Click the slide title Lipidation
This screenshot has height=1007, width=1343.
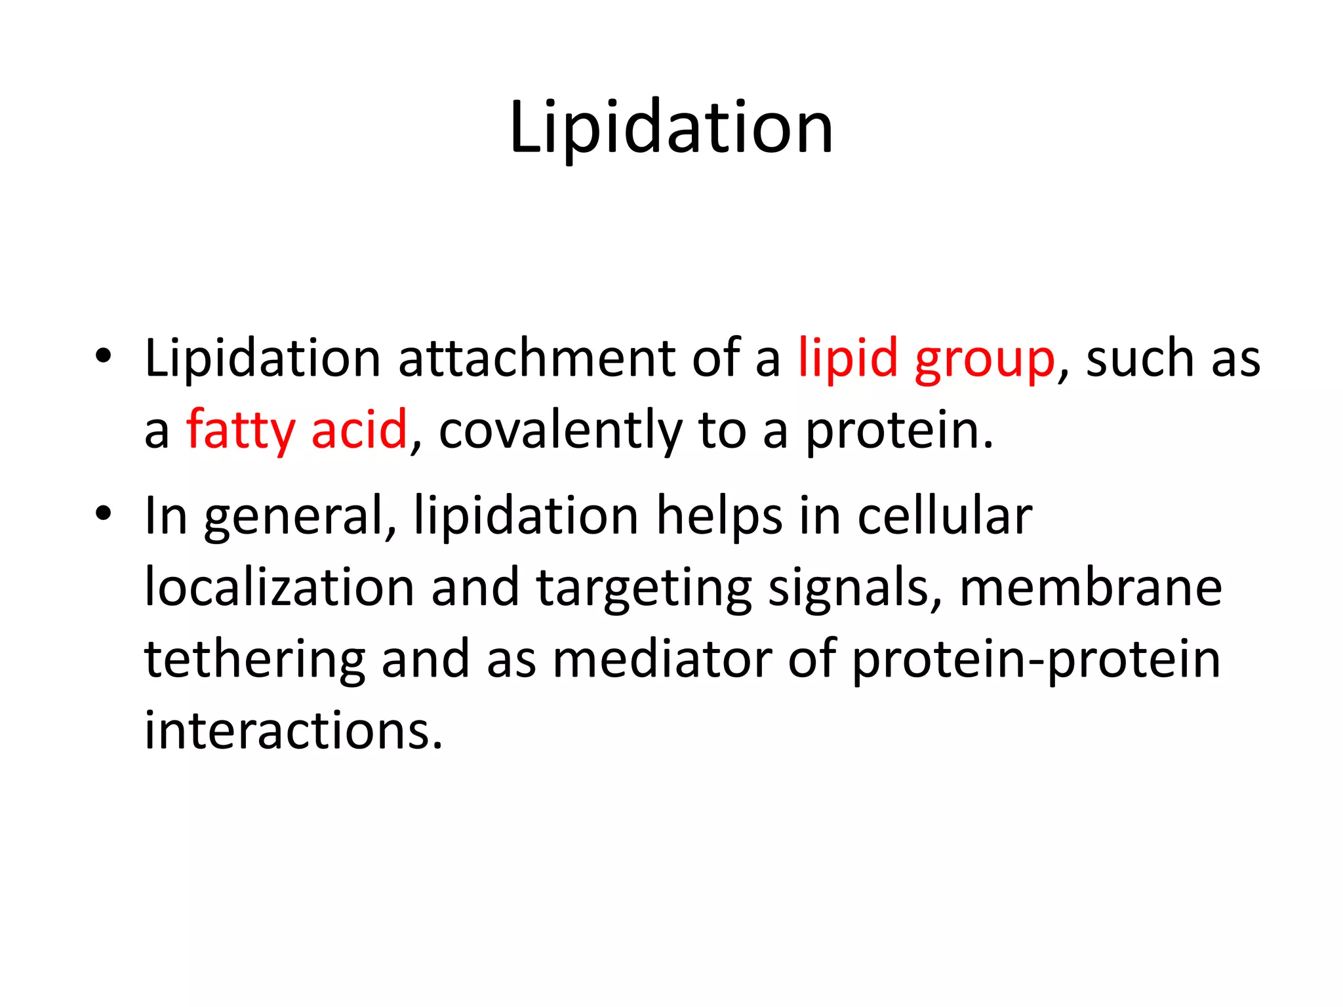pos(671,128)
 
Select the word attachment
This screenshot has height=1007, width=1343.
pos(537,359)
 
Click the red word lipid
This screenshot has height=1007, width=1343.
pos(847,359)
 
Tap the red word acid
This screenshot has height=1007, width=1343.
pos(359,429)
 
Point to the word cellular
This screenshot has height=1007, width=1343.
pos(945,516)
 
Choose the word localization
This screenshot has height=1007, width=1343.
pos(279,587)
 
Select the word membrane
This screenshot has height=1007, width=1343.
pos(1091,587)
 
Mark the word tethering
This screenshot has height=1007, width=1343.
pos(254,660)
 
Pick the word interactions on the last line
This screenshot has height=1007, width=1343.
pos(293,730)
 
